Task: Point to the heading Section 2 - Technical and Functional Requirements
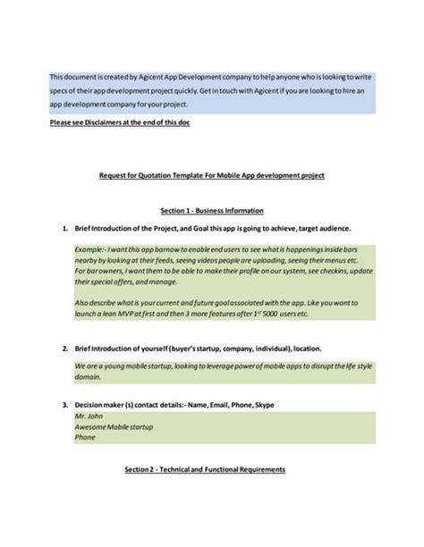pyautogui.click(x=211, y=468)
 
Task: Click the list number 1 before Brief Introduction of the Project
pyautogui.click(x=65, y=228)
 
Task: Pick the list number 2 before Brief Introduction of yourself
pyautogui.click(x=65, y=347)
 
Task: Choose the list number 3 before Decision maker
pyautogui.click(x=65, y=405)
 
